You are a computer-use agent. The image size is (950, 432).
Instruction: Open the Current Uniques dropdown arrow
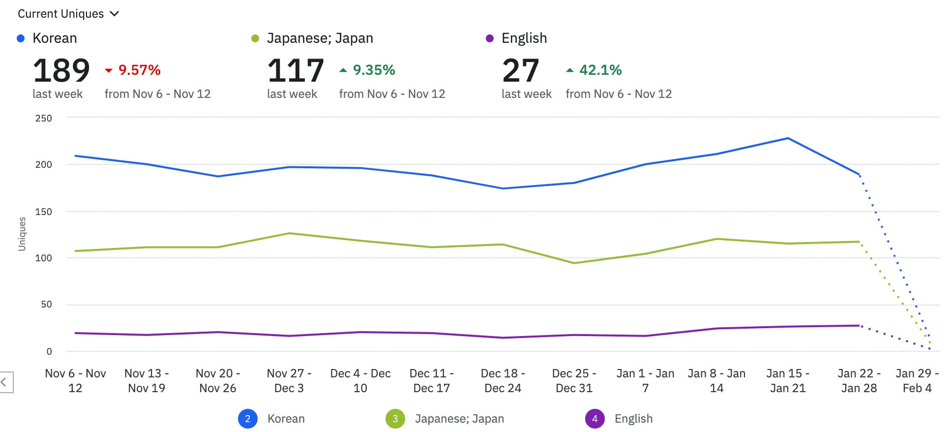(115, 14)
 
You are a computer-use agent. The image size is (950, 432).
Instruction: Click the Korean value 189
(61, 70)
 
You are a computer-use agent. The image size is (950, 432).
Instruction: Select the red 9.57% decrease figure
(139, 70)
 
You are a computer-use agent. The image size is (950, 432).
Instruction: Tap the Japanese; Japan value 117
(296, 70)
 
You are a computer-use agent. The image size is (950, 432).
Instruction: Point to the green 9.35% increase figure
(374, 70)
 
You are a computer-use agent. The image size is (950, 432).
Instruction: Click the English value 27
(521, 70)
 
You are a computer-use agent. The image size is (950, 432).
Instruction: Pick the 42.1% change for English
(600, 70)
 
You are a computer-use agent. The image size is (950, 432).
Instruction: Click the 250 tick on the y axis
(44, 118)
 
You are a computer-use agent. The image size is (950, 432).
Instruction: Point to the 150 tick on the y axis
(44, 212)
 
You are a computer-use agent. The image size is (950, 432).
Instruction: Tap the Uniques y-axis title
(22, 234)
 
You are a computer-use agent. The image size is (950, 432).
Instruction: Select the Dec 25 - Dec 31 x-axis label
(574, 380)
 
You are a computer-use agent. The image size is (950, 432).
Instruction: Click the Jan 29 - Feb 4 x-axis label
(917, 380)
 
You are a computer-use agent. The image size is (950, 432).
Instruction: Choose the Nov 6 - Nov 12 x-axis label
(75, 380)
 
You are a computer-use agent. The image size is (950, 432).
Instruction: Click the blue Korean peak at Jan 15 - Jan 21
(788, 138)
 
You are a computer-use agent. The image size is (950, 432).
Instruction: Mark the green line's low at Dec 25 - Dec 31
(574, 263)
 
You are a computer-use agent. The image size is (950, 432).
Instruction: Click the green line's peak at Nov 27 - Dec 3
(289, 233)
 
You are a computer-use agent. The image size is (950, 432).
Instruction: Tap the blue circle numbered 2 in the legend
(248, 419)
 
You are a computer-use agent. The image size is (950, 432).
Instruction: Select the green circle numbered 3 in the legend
(395, 419)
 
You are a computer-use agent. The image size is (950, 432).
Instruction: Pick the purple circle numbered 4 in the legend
(595, 419)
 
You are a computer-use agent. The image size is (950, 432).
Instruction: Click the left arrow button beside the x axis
(4, 382)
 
